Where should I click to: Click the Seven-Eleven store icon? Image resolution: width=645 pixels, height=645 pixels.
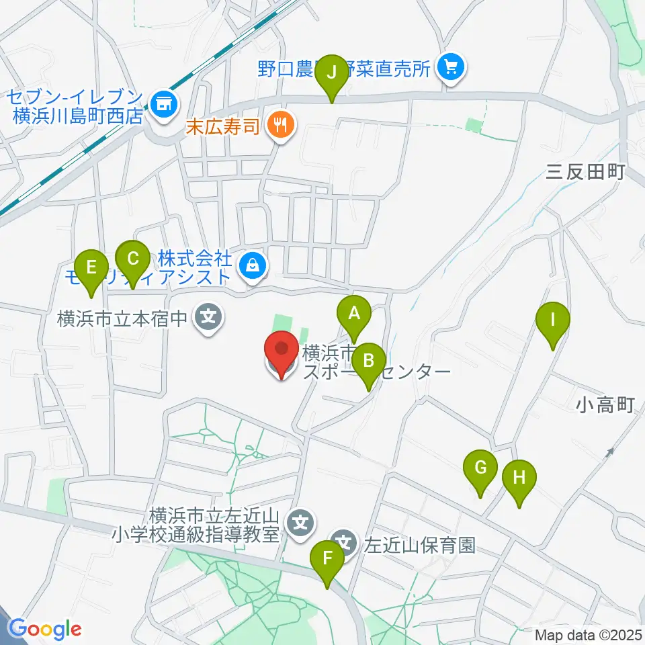click(162, 103)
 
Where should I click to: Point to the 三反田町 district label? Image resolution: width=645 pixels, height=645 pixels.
click(586, 173)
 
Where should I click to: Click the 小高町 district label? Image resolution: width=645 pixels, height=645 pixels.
click(605, 404)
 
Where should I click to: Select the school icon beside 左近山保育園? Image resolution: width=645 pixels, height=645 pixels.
click(345, 542)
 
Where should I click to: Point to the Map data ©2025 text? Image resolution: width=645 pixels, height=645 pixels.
click(588, 634)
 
